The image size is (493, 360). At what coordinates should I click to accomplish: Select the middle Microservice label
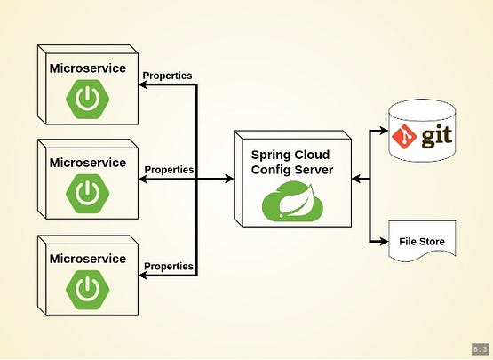point(86,163)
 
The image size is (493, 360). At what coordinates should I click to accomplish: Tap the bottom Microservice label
point(86,258)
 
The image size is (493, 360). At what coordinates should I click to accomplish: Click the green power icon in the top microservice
point(86,100)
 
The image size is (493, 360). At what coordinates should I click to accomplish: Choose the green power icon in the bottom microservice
point(86,288)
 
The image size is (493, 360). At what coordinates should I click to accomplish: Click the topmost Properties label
point(168,76)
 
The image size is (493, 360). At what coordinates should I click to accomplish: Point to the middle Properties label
point(169,169)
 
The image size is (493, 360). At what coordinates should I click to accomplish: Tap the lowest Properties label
point(168,266)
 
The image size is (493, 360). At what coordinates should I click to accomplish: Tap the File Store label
point(421,242)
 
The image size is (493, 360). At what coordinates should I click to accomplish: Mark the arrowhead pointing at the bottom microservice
point(140,276)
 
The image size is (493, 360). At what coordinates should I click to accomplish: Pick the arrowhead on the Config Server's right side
point(357,180)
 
